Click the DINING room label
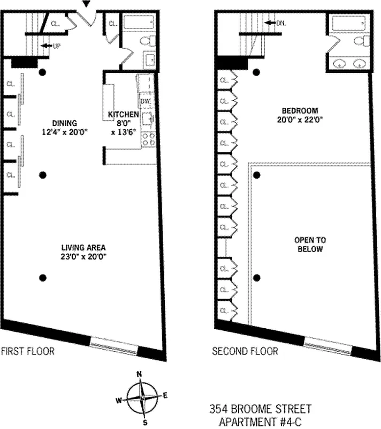(x=65, y=122)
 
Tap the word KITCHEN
(x=123, y=115)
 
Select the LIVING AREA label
(x=83, y=248)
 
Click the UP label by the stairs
(x=56, y=46)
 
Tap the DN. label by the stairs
(x=281, y=23)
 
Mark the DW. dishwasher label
(x=145, y=101)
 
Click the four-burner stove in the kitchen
(x=148, y=139)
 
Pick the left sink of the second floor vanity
(x=339, y=64)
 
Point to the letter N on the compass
(x=139, y=374)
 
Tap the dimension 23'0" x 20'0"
(x=83, y=257)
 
